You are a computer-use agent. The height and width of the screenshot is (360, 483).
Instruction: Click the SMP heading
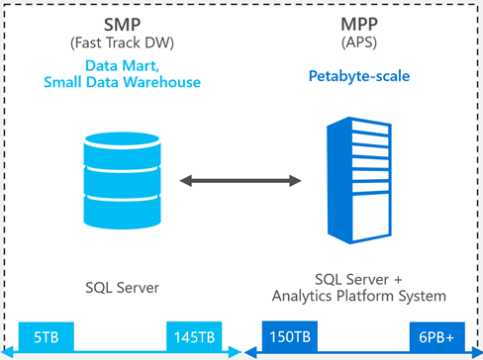coord(122,25)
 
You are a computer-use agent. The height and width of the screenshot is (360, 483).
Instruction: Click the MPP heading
coord(359,24)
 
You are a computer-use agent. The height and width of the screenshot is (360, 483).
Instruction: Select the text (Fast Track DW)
coord(122,43)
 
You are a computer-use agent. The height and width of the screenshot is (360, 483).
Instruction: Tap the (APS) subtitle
coord(359,43)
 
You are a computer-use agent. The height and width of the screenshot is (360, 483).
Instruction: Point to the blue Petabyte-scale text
coord(359,76)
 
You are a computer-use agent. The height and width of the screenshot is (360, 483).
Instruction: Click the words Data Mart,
coord(122,66)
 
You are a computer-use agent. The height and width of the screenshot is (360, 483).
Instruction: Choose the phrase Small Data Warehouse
coord(122,82)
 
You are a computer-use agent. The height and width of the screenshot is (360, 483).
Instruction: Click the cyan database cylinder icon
coord(122,181)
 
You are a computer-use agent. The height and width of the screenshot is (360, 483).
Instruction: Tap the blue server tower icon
coord(359,180)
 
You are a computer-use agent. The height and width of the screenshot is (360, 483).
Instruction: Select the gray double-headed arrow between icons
coord(241,181)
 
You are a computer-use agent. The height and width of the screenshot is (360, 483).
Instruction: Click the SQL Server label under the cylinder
coord(122,288)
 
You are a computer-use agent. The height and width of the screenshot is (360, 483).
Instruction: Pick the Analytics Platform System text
coord(359,296)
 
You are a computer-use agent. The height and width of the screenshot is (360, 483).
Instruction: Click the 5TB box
coord(47,336)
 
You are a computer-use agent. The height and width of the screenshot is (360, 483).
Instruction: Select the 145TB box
coord(194,336)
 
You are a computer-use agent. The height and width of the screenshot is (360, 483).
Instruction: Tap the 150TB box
coord(290,336)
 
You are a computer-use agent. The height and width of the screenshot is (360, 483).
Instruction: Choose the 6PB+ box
coord(436,336)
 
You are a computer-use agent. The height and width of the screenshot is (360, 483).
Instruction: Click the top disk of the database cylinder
coord(122,139)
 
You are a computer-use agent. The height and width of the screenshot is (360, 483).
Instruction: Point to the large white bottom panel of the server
coord(370,217)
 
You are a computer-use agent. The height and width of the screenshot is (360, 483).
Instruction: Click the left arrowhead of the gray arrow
coord(186,181)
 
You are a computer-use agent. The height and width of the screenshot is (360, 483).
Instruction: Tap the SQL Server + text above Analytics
coord(358,280)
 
